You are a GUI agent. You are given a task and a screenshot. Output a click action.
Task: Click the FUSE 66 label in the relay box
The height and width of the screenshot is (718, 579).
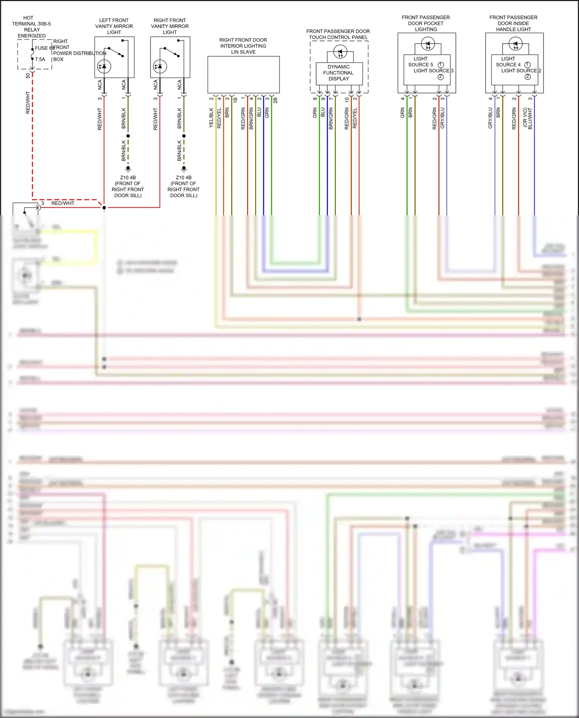pyautogui.click(x=44, y=48)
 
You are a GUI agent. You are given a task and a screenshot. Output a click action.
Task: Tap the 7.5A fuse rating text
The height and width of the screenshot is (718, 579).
pyautogui.click(x=40, y=59)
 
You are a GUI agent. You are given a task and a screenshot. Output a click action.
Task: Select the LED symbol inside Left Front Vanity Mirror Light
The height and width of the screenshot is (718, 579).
pyautogui.click(x=104, y=66)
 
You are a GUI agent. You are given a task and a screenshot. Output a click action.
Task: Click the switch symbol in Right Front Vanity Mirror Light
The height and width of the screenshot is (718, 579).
pyautogui.click(x=172, y=52)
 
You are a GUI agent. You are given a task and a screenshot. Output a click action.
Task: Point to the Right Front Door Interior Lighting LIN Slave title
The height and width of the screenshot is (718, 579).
pyautogui.click(x=243, y=46)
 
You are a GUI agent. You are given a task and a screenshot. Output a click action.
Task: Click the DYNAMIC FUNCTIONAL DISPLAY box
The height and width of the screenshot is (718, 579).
pyautogui.click(x=339, y=73)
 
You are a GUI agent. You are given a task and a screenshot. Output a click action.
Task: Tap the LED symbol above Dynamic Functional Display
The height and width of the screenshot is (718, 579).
pyautogui.click(x=340, y=52)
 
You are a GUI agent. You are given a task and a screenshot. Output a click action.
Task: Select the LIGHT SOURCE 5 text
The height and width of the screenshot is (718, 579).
pyautogui.click(x=421, y=62)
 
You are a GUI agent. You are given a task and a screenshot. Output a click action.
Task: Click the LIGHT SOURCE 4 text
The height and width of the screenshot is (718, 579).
pyautogui.click(x=508, y=62)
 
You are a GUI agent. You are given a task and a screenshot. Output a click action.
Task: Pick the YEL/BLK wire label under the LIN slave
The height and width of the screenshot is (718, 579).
pyautogui.click(x=211, y=118)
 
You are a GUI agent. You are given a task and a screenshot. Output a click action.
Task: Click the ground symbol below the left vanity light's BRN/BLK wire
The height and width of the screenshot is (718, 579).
pyautogui.click(x=128, y=169)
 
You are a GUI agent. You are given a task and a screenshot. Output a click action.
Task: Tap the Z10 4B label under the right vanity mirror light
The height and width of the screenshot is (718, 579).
pyautogui.click(x=184, y=178)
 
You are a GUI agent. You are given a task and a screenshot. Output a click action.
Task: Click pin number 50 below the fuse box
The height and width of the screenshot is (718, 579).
pyautogui.click(x=28, y=76)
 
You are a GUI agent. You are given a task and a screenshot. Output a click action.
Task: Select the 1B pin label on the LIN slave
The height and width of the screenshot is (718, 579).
pyautogui.click(x=235, y=100)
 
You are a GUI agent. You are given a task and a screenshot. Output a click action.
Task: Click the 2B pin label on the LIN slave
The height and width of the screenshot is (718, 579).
pyautogui.click(x=275, y=100)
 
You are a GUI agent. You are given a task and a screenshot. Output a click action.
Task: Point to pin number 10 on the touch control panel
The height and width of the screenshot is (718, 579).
pyautogui.click(x=347, y=99)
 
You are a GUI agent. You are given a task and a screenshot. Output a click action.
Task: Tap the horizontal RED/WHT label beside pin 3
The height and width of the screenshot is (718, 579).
pyautogui.click(x=63, y=203)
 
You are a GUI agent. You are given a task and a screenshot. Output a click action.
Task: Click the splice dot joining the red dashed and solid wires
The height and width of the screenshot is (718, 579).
pyautogui.click(x=104, y=208)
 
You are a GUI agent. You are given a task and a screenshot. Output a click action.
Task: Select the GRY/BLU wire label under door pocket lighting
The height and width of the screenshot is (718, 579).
pyautogui.click(x=442, y=118)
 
